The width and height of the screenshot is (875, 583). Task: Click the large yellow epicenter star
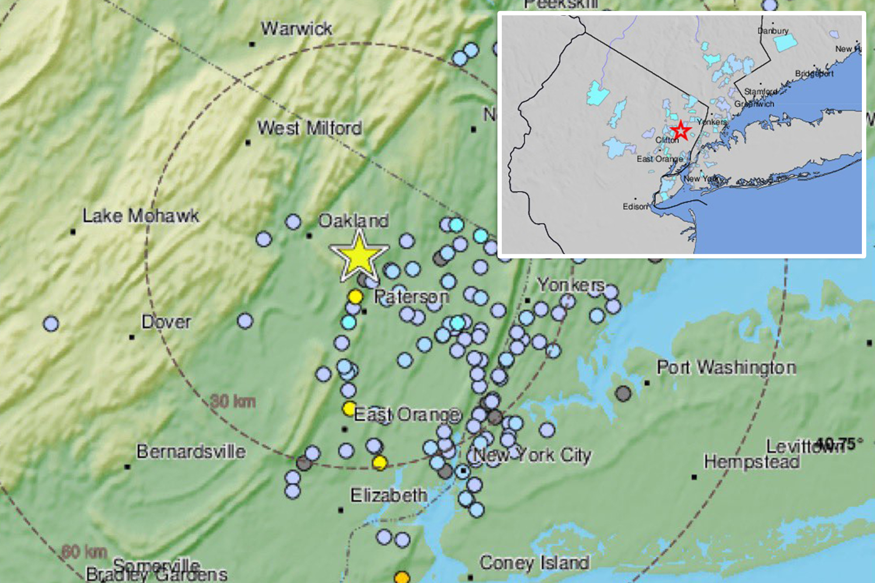pos(359,257)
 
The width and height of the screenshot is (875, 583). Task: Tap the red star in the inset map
pos(680,131)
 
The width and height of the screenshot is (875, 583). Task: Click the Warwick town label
pos(297,29)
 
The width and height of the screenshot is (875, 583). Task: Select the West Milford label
pos(309,128)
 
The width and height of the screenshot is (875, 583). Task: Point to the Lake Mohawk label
pos(141,216)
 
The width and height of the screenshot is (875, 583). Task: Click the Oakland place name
pos(353,220)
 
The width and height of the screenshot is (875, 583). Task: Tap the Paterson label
pos(411,297)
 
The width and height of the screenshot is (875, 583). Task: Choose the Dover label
pos(166,322)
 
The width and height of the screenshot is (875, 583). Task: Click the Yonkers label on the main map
pos(571,285)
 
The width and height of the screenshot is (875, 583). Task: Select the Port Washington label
pos(726,367)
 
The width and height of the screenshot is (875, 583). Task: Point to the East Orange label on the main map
pos(407,414)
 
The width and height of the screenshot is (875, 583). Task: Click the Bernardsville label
pos(191,451)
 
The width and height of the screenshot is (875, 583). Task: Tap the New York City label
pos(532,455)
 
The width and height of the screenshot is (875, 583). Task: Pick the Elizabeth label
pos(389,496)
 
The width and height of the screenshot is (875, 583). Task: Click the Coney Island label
pos(534,562)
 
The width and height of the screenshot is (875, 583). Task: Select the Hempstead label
pos(752,462)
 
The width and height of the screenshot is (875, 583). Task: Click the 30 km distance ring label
pos(233,401)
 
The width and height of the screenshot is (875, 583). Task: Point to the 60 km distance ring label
pos(84,552)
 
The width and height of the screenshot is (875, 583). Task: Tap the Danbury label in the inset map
pos(773,31)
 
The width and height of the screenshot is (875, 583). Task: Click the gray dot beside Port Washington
pos(623,393)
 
